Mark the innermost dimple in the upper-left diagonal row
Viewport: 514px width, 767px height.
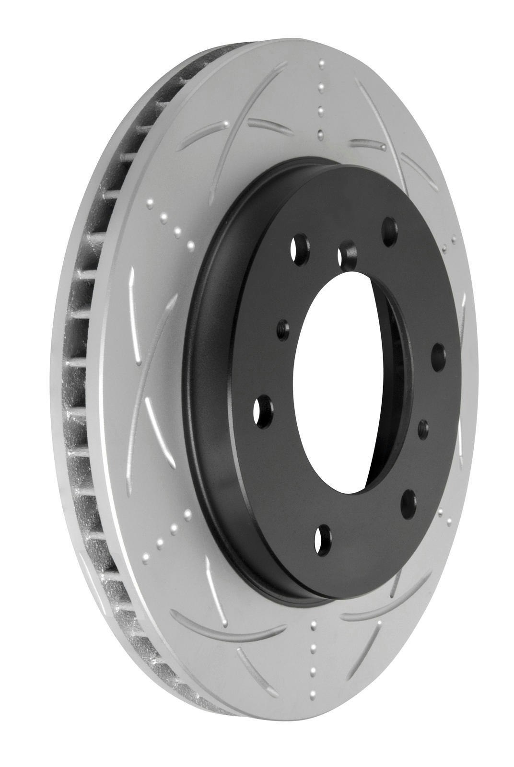[x=190, y=246]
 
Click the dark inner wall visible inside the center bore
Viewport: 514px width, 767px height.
[x=393, y=383]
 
